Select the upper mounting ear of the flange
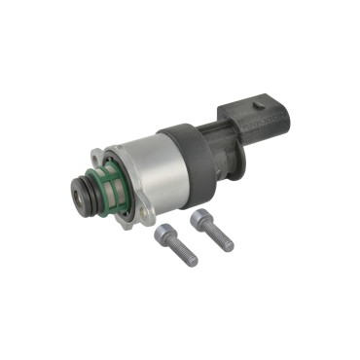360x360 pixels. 98,156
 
